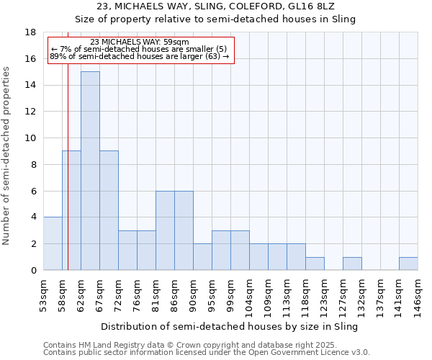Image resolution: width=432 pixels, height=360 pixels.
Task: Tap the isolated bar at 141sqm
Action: point(408,264)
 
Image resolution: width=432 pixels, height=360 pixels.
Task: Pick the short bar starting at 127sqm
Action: point(352,264)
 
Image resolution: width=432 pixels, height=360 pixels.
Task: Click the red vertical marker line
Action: point(68,180)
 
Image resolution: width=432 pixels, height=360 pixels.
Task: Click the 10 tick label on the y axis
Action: point(30,138)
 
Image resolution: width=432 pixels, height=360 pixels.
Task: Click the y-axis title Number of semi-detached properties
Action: point(7,156)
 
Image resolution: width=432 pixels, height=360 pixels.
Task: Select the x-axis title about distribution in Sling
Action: point(229,326)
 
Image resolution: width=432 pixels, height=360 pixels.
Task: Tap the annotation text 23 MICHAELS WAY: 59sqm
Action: point(140,42)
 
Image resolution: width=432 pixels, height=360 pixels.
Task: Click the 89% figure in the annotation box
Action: point(57,56)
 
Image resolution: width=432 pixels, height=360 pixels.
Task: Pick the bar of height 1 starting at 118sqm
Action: point(315,264)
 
